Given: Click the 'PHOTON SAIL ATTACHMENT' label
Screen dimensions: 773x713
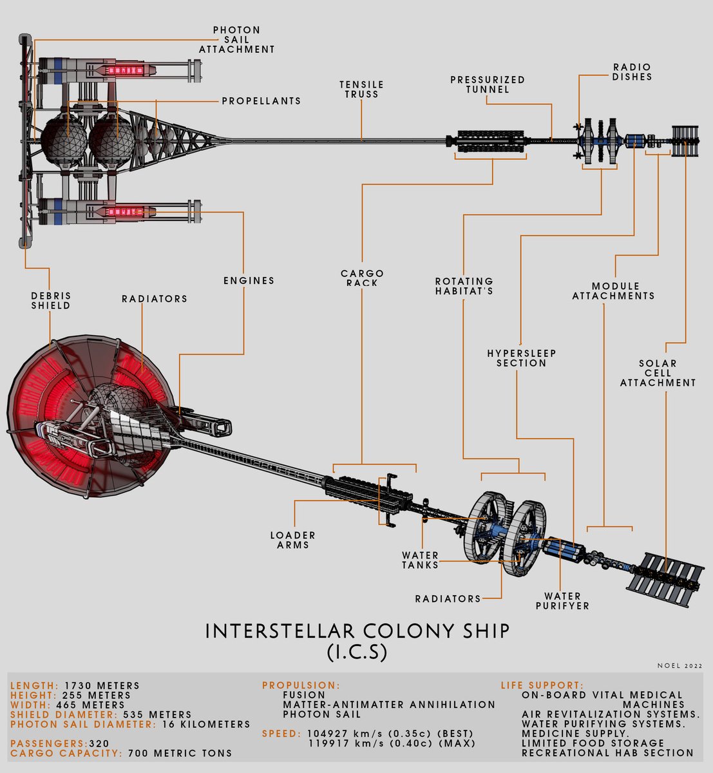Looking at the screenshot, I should click(236, 40).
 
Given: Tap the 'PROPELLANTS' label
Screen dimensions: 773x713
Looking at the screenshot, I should click(261, 101).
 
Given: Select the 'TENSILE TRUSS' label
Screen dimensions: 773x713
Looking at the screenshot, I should click(361, 90).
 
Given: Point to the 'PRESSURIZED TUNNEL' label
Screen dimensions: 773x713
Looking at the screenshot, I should click(488, 84).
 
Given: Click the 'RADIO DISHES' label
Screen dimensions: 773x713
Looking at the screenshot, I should click(632, 72).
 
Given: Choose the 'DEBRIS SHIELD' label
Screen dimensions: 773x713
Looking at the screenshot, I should click(51, 301).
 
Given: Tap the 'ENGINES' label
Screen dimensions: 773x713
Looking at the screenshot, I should click(249, 281).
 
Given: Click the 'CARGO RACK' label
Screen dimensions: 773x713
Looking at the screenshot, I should click(362, 278).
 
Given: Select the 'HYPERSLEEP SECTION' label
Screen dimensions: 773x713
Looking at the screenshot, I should click(521, 358).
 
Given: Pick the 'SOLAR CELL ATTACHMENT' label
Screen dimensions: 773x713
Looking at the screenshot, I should click(658, 373).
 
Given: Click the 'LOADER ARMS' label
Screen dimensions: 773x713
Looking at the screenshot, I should click(293, 540).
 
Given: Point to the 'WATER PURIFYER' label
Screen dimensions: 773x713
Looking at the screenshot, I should click(562, 601).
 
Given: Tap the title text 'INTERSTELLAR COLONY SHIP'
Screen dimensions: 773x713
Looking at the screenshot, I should click(357, 631).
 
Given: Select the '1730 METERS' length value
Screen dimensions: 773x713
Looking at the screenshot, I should click(102, 686).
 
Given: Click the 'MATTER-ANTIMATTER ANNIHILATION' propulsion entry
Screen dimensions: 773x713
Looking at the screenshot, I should click(389, 705).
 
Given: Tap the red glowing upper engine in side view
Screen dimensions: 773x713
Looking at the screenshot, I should click(121, 69).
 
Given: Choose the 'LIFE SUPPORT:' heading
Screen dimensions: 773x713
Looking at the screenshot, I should click(542, 686).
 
